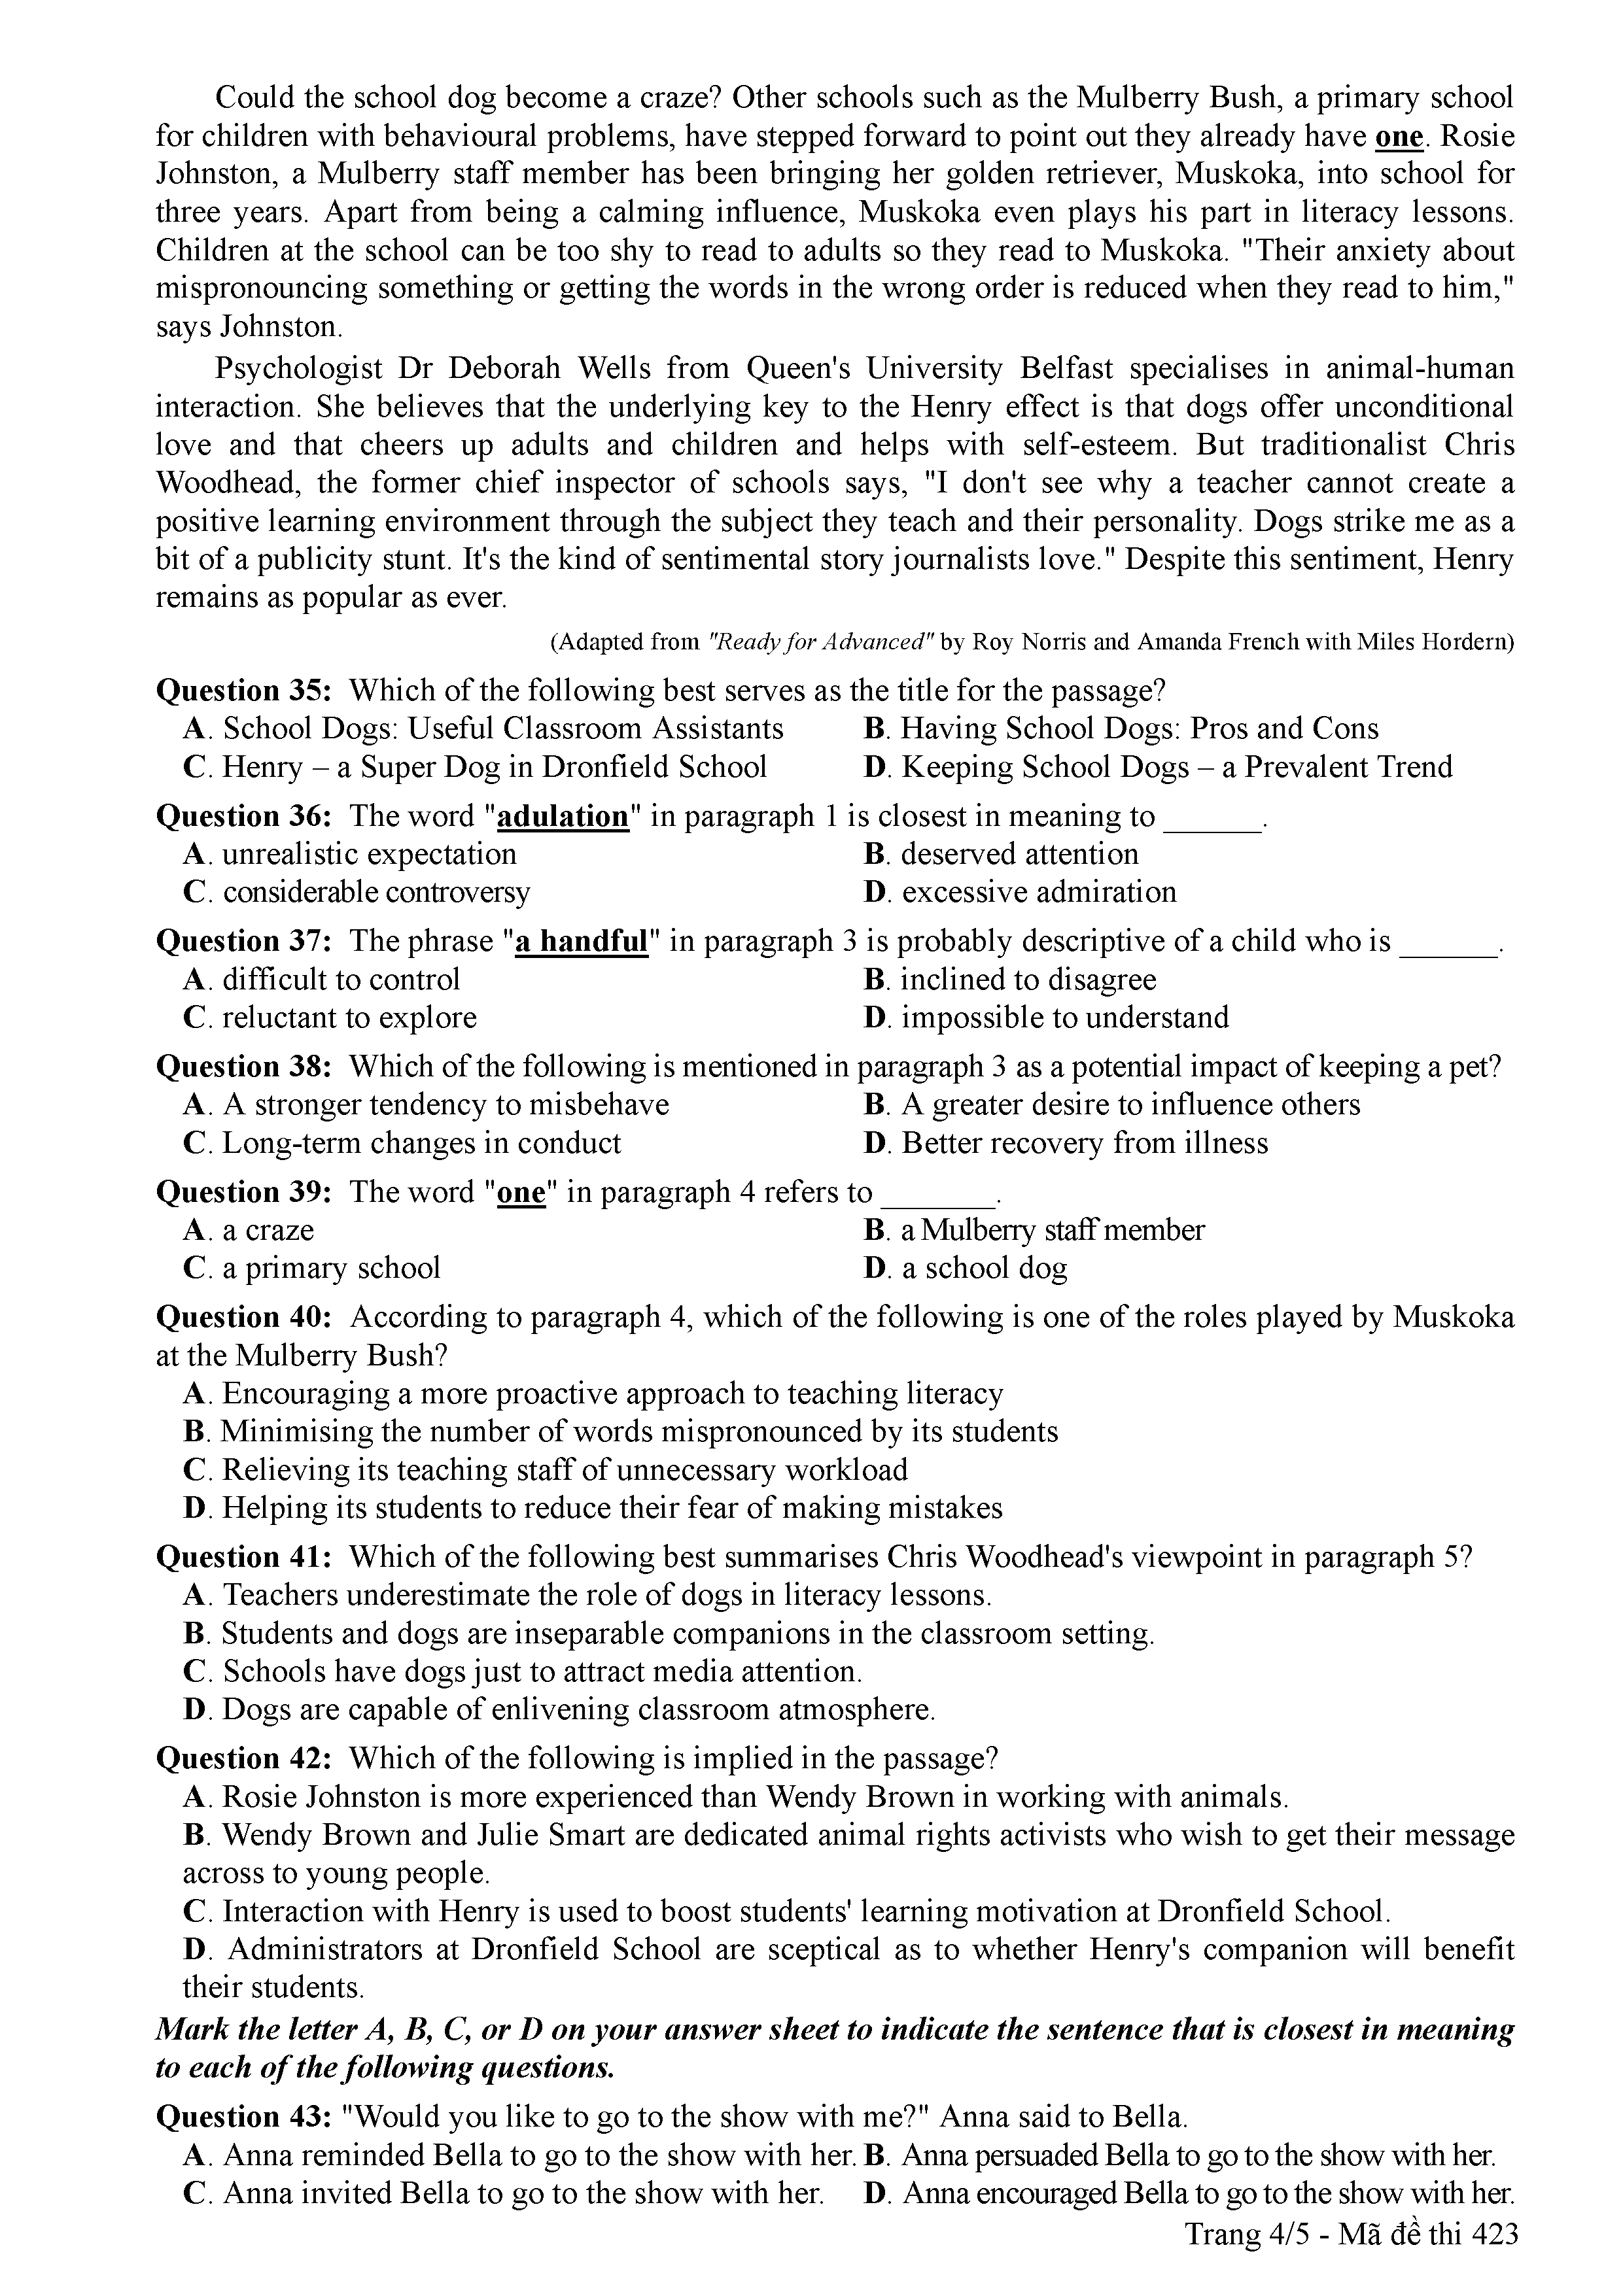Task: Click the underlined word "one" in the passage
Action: [x=1399, y=136]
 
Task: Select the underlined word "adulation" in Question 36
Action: [x=563, y=816]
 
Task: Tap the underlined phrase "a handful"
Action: [x=582, y=941]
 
